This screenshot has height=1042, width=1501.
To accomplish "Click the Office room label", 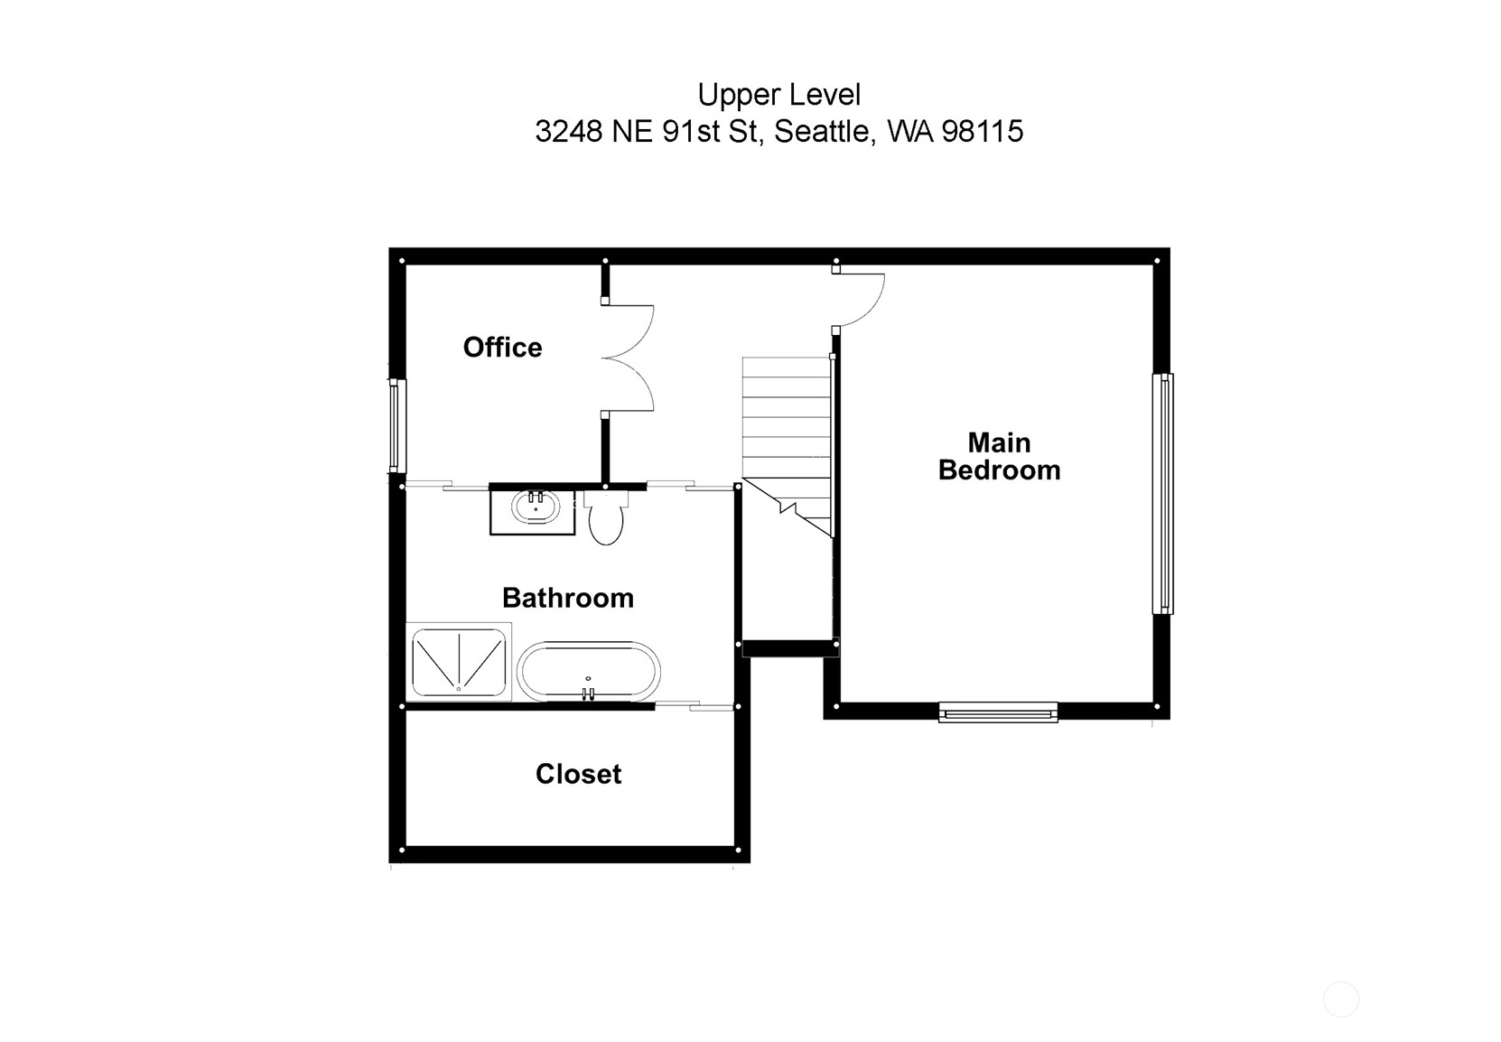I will point(502,348).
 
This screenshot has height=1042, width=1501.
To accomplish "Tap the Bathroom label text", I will point(567,598).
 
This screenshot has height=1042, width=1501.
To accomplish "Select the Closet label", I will point(578,774).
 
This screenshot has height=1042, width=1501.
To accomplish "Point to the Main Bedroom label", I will point(999,456).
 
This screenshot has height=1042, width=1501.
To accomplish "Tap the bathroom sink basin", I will point(536,507).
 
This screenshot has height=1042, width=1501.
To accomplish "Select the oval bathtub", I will point(588,672).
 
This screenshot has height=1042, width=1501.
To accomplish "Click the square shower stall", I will point(459,661).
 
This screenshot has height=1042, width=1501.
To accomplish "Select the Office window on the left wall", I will point(395,425).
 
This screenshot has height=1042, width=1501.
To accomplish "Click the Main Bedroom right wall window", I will point(1164,494).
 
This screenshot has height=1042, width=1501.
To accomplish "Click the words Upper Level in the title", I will point(778,95).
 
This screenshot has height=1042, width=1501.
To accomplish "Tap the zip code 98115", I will point(983,132).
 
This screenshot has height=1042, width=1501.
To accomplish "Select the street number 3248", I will point(569,132).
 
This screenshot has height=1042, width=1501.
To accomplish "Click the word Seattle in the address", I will point(823,132).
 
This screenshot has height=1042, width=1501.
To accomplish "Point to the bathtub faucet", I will point(588,693).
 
